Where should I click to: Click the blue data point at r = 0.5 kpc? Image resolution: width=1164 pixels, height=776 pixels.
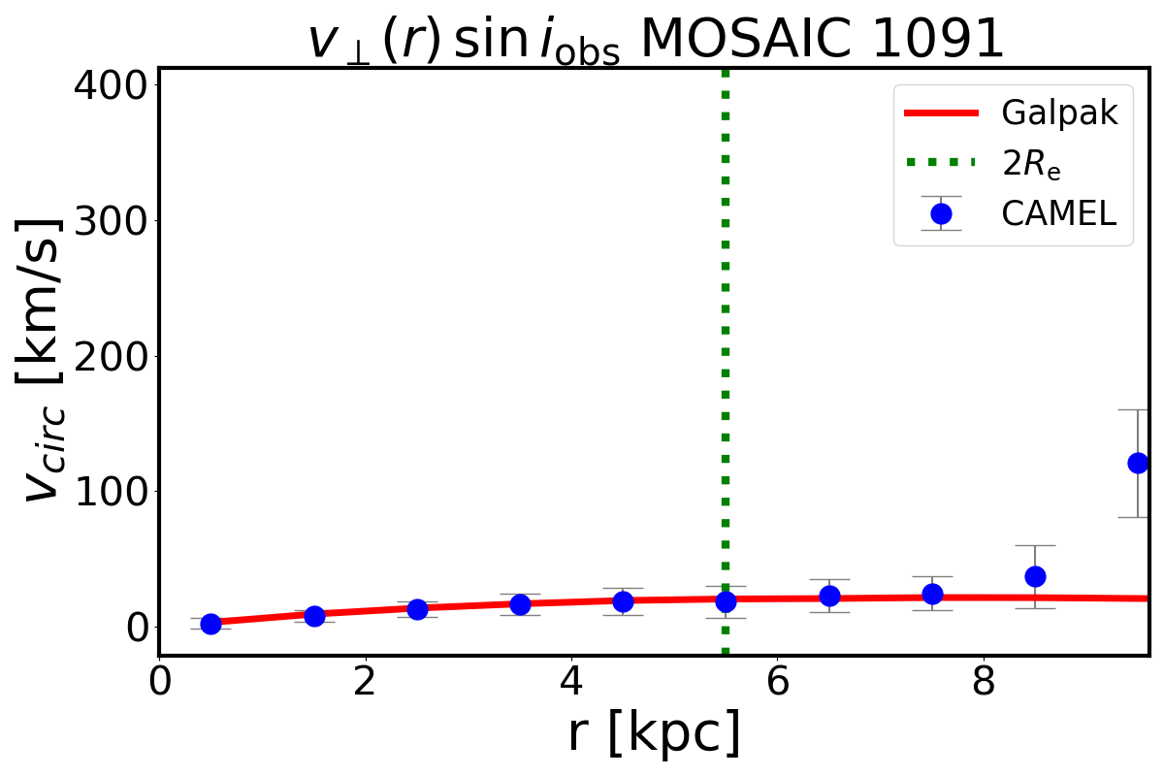tap(210, 624)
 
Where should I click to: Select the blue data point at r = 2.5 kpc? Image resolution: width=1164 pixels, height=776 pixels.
tap(417, 609)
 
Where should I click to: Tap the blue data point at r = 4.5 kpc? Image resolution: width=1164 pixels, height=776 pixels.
tap(623, 601)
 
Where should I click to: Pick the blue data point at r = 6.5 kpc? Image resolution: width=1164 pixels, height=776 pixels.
tap(829, 596)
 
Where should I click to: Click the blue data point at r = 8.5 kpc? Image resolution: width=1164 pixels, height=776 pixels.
tap(1035, 576)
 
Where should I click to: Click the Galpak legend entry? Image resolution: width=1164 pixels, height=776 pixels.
tap(1060, 113)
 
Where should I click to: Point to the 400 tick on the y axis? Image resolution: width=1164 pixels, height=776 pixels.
tap(111, 85)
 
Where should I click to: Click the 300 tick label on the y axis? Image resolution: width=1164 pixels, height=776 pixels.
tap(111, 221)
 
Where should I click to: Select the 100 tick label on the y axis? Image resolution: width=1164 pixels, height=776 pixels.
tap(111, 492)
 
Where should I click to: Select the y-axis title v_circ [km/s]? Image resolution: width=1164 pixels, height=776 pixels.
tap(44, 359)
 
